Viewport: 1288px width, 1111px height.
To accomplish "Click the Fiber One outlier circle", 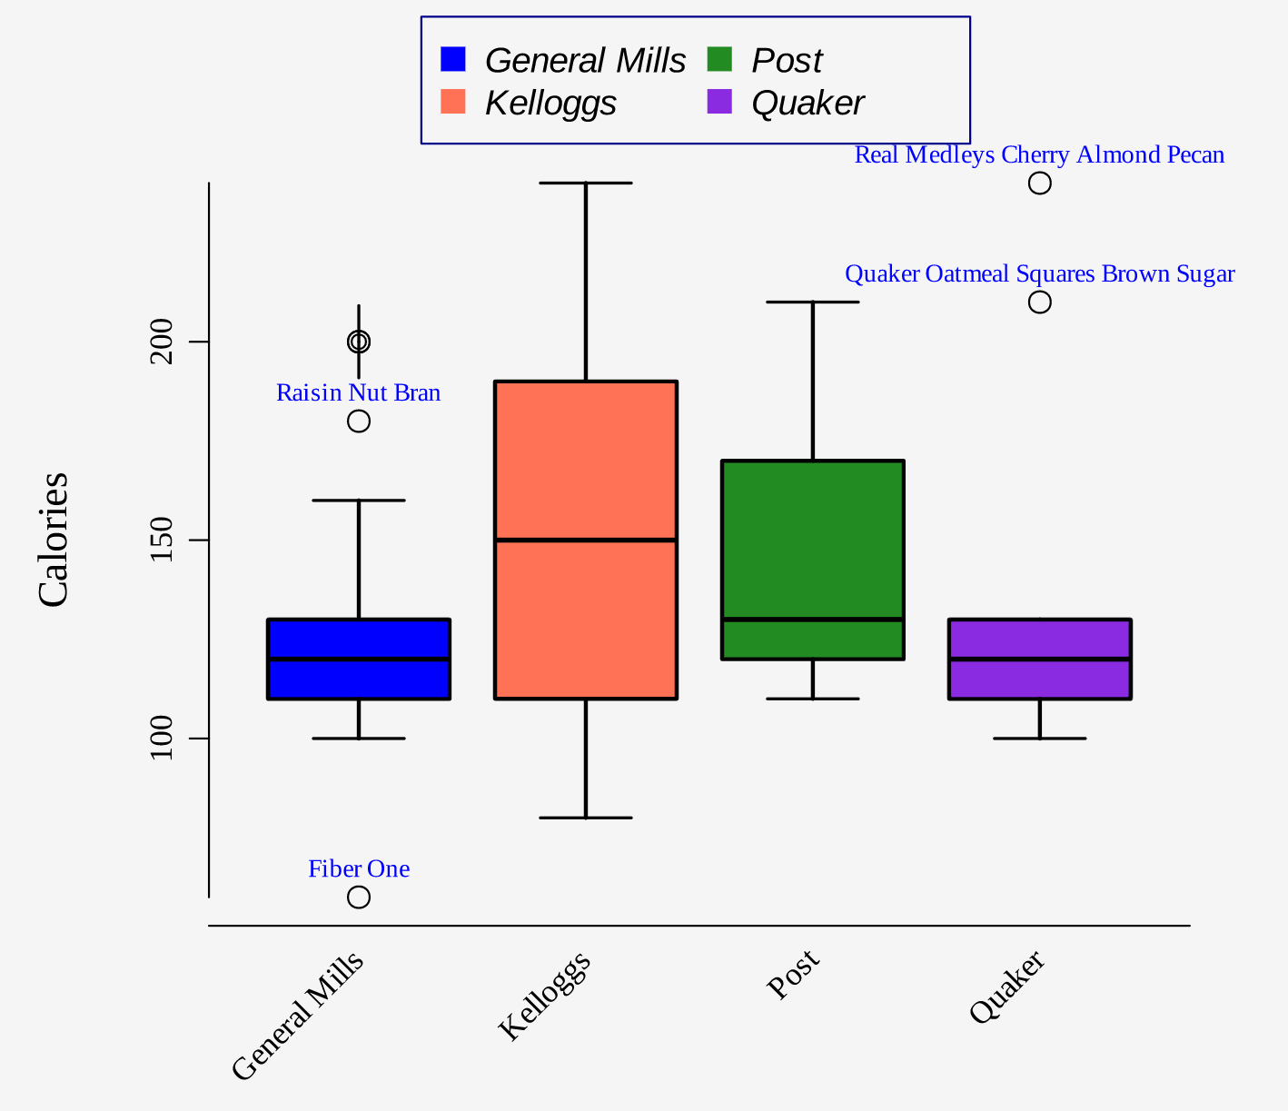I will (x=359, y=897).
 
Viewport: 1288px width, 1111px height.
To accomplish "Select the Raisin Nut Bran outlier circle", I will (x=359, y=421).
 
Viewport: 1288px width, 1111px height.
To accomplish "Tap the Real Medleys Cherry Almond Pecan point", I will (x=1040, y=184).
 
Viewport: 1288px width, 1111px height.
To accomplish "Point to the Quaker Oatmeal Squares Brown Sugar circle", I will (x=1040, y=302).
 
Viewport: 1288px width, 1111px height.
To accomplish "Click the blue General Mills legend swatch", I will (x=452, y=59).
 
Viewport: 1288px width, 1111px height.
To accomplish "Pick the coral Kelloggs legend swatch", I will (x=452, y=102).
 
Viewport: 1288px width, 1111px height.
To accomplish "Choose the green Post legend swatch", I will (x=719, y=59).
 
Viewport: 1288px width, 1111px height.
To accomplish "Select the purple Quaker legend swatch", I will (x=719, y=102).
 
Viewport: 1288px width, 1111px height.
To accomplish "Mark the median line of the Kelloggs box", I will (x=586, y=540).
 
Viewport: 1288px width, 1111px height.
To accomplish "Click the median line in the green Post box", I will (x=813, y=620).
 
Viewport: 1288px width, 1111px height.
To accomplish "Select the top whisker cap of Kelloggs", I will (x=586, y=184).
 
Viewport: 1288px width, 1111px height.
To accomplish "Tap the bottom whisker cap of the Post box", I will (x=813, y=699).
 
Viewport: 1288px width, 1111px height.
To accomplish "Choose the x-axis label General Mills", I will (x=298, y=1017).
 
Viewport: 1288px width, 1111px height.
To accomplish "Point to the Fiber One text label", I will (x=359, y=869).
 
